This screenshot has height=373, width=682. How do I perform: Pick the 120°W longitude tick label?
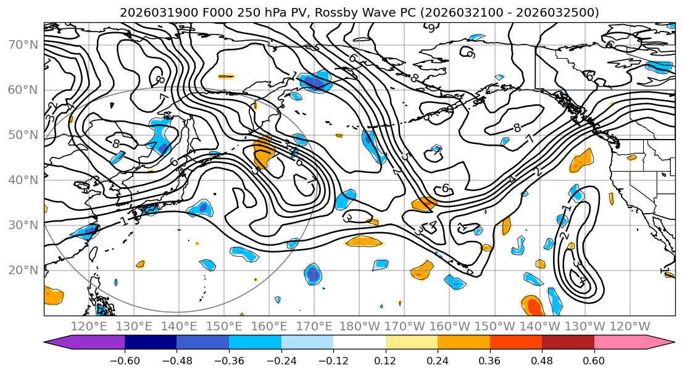(630, 326)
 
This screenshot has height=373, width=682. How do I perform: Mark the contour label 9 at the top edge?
(431, 27)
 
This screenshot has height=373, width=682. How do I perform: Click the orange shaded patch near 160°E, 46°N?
(264, 152)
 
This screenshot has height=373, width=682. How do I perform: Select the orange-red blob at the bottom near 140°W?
(533, 306)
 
